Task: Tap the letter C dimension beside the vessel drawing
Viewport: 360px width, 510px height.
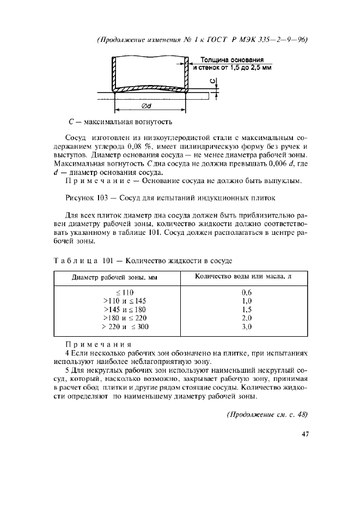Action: (x=213, y=82)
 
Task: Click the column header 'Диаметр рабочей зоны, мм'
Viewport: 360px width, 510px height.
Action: (x=114, y=277)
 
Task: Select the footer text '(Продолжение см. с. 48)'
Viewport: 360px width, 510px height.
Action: (x=267, y=414)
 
